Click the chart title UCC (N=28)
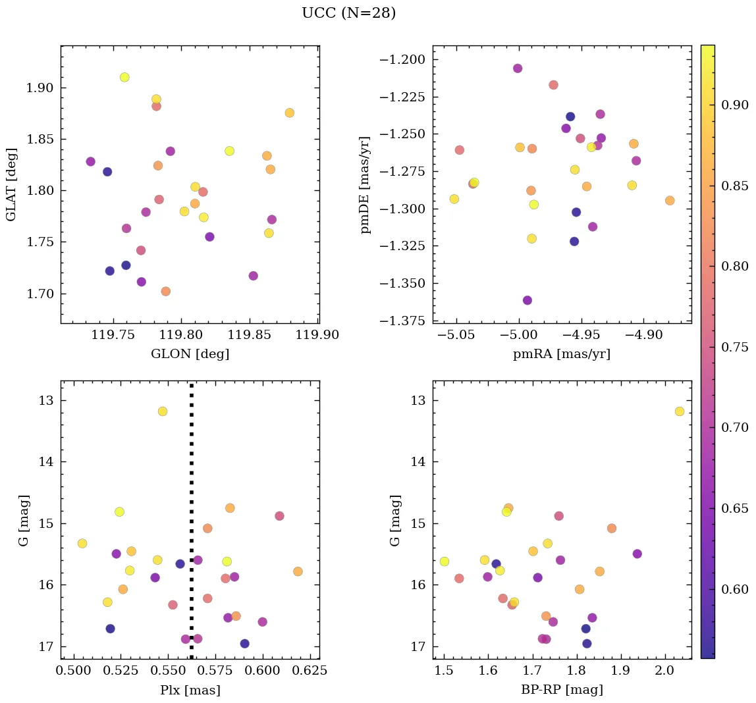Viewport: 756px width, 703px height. click(348, 13)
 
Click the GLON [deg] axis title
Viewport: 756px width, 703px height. click(190, 354)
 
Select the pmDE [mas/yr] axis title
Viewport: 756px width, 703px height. click(365, 185)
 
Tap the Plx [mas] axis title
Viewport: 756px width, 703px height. click(190, 690)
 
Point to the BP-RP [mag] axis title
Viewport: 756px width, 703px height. click(562, 690)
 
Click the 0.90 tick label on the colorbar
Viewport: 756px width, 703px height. click(735, 105)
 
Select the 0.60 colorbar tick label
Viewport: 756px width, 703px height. click(735, 588)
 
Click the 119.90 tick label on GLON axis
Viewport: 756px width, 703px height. click(318, 335)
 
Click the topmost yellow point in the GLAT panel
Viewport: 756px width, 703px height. click(124, 77)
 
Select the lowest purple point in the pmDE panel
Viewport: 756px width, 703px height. click(527, 300)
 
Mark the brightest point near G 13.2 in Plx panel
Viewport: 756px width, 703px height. click(163, 411)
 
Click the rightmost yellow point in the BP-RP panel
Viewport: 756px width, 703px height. click(680, 411)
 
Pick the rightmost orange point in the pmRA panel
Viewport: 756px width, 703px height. click(670, 200)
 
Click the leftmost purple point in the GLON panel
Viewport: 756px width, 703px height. click(91, 161)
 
